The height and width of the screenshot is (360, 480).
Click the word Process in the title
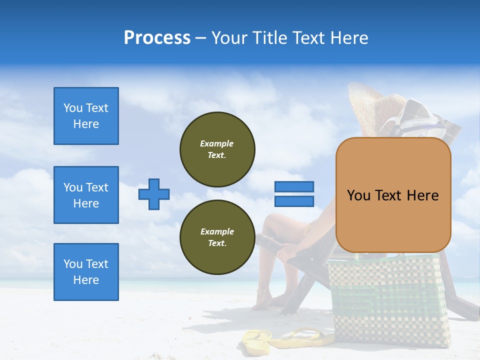click(157, 38)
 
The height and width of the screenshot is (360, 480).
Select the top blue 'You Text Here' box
click(86, 116)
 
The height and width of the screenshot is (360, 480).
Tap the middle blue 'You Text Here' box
click(86, 195)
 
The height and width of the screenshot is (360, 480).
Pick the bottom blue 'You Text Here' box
click(86, 272)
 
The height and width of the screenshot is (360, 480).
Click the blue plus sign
click(154, 194)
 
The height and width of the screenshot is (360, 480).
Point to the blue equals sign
click(294, 194)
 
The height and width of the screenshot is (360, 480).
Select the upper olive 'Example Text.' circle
click(217, 149)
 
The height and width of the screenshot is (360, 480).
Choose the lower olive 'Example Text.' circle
click(217, 237)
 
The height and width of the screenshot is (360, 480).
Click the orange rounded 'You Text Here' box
click(393, 195)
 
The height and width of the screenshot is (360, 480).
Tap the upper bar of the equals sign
click(294, 187)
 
